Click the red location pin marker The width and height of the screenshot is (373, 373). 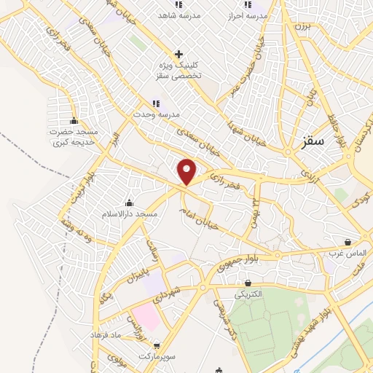point(187,171)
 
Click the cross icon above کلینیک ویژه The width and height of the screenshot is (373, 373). point(179,54)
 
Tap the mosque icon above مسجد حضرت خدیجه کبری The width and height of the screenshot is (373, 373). point(74,121)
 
